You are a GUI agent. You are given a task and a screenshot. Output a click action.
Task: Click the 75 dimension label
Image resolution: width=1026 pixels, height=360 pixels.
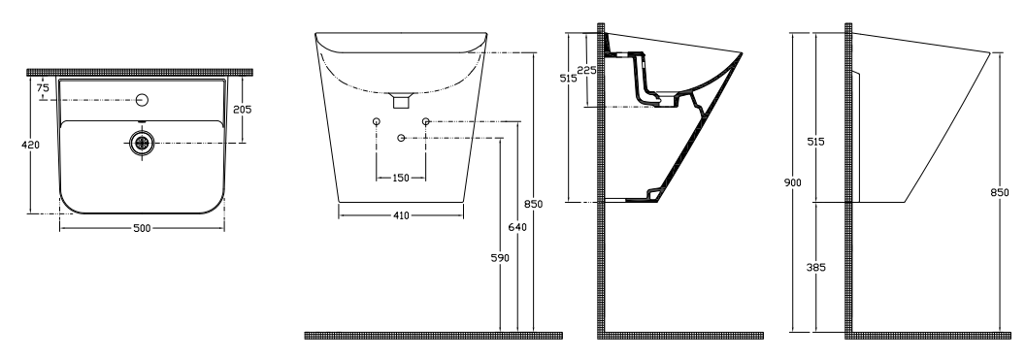click(x=43, y=87)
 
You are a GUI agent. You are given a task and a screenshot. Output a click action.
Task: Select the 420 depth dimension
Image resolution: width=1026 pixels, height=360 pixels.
click(x=31, y=145)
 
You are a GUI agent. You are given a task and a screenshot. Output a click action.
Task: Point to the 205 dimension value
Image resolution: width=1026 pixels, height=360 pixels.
click(x=242, y=110)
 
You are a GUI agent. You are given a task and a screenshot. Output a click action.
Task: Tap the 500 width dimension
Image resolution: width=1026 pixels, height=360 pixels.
click(x=142, y=228)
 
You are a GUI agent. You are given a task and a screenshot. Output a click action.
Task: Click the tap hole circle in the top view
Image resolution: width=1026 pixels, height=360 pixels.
click(x=143, y=100)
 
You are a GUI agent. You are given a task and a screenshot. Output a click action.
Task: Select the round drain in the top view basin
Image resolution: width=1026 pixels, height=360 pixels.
click(x=142, y=143)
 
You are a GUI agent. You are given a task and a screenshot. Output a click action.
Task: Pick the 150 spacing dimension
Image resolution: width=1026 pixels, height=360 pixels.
click(x=401, y=178)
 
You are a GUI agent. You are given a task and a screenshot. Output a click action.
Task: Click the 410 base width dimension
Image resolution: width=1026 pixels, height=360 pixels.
click(x=401, y=215)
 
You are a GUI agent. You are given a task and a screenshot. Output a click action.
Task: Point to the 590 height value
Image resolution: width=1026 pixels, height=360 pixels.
click(x=500, y=258)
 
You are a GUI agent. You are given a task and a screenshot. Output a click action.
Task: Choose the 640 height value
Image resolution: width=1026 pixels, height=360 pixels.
click(x=517, y=227)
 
